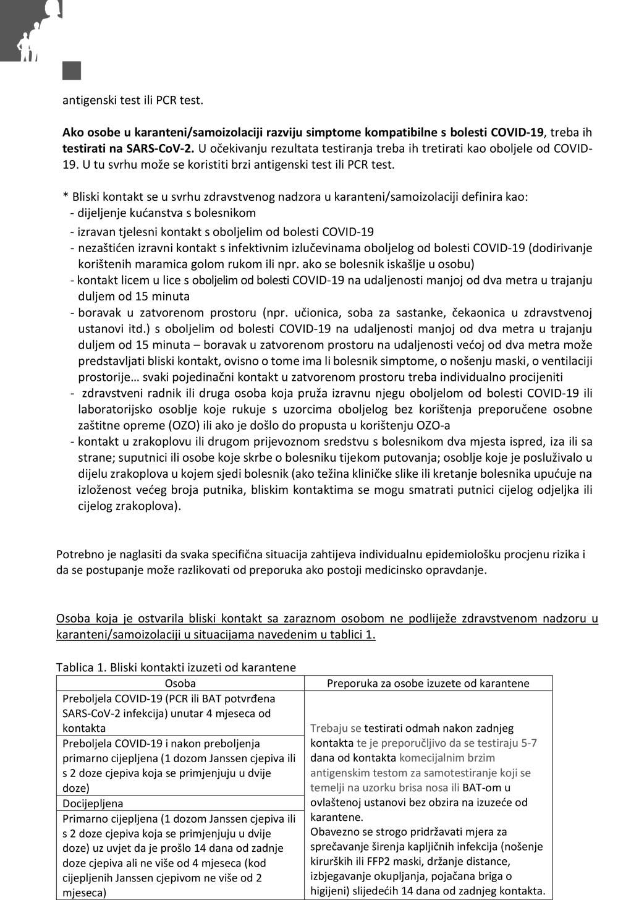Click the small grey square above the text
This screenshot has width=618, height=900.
click(x=72, y=70)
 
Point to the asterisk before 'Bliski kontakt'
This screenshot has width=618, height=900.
click(x=65, y=197)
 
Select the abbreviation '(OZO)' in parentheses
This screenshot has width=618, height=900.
click(x=179, y=425)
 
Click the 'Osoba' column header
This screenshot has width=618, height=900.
click(x=180, y=683)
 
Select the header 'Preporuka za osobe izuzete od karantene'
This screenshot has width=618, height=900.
click(x=428, y=683)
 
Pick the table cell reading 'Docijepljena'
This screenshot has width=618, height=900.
click(x=93, y=804)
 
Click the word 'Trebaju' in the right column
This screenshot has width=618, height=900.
click(x=329, y=728)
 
